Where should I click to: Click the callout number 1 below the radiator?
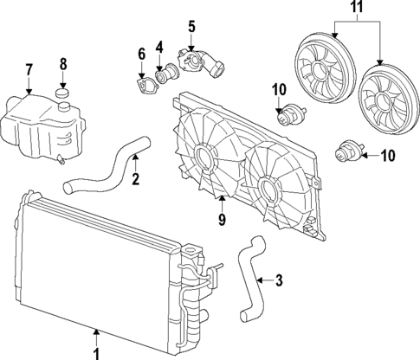(x=95, y=352)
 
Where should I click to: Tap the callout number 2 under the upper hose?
(x=135, y=180)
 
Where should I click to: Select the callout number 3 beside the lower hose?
(x=280, y=280)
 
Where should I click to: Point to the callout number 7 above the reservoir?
(x=29, y=69)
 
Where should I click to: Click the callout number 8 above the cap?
(x=62, y=64)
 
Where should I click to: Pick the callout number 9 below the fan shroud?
(x=222, y=222)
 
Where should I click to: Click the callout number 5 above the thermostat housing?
(x=191, y=25)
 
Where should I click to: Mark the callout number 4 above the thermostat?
(x=160, y=46)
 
